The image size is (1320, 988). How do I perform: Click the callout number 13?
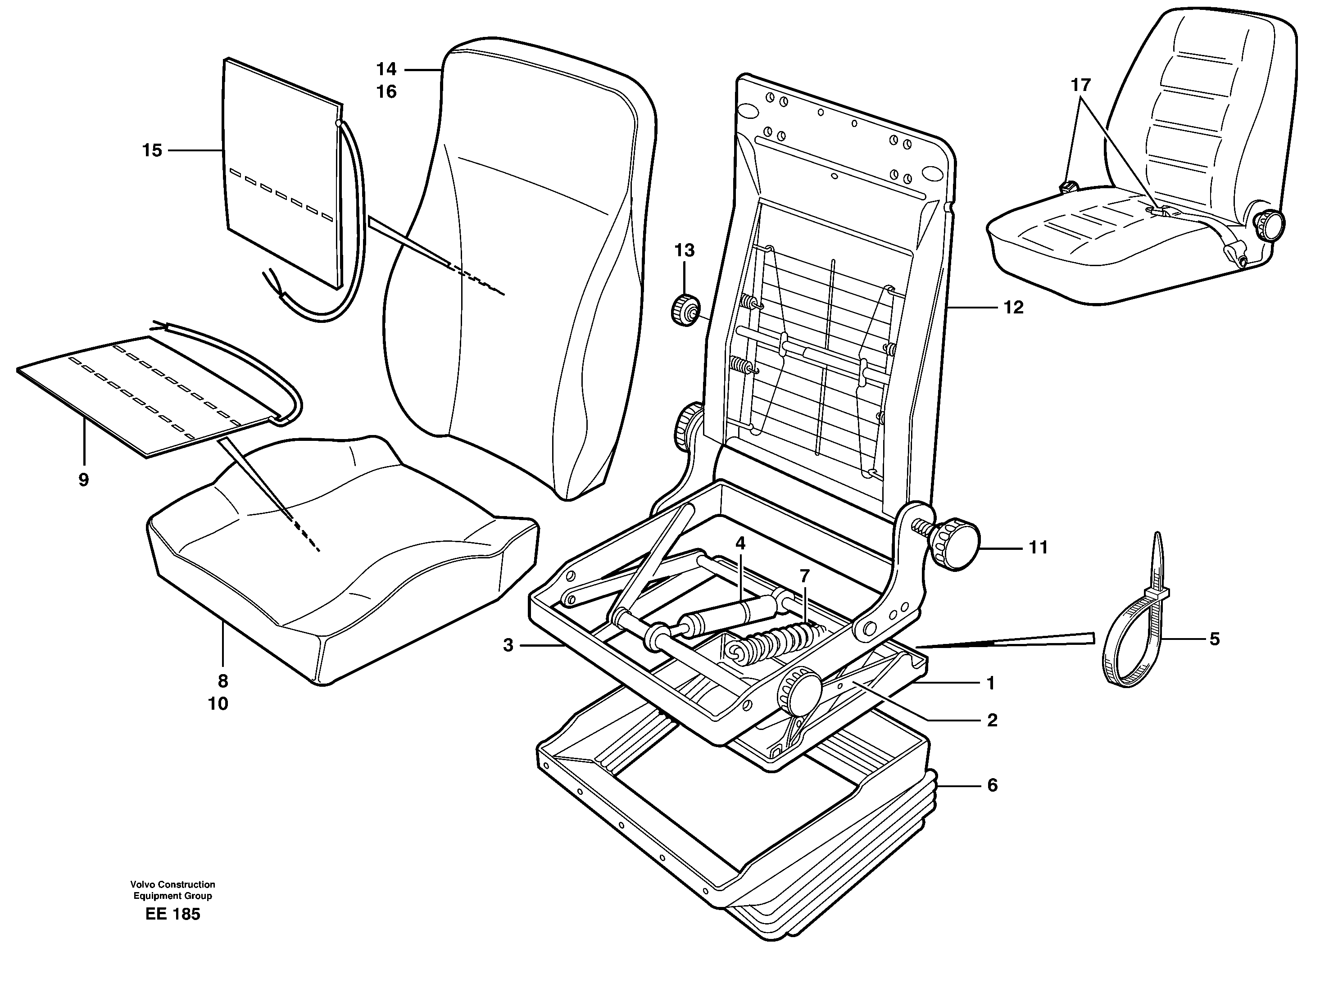point(684,250)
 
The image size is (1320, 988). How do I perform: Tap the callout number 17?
point(1080,85)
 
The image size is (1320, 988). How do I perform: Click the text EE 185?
point(172,914)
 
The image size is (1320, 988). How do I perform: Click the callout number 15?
point(152,150)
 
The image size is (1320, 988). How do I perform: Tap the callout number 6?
point(992,785)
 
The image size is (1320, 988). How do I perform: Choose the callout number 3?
point(508,646)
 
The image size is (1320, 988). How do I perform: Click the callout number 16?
point(387,92)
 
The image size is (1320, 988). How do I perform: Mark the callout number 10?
point(218,704)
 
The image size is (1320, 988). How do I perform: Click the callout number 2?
point(992,721)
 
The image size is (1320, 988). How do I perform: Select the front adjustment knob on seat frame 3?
point(798,693)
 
